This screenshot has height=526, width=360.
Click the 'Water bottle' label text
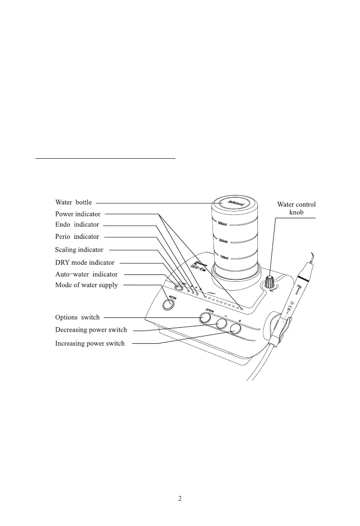pos(73,203)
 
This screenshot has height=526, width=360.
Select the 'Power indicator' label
pos(78,214)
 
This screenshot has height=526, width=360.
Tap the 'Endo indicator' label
pos(77,225)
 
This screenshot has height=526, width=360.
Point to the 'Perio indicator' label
pos(77,237)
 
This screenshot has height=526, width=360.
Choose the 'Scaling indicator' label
pos(79,250)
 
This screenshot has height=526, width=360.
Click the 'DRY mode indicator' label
pos(85,263)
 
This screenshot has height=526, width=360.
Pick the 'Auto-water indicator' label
pos(86,274)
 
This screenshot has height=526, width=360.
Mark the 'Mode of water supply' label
pos(86,285)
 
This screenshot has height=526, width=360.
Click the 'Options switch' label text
pos(77,317)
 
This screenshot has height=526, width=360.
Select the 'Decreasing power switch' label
pos(91,330)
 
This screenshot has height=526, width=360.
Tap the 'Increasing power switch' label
pos(89,344)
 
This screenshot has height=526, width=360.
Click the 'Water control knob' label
pos(296,209)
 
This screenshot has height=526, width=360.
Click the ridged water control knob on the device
pos(269,282)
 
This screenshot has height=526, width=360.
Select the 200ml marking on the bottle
pos(223,241)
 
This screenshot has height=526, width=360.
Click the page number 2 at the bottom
pos(180,499)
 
